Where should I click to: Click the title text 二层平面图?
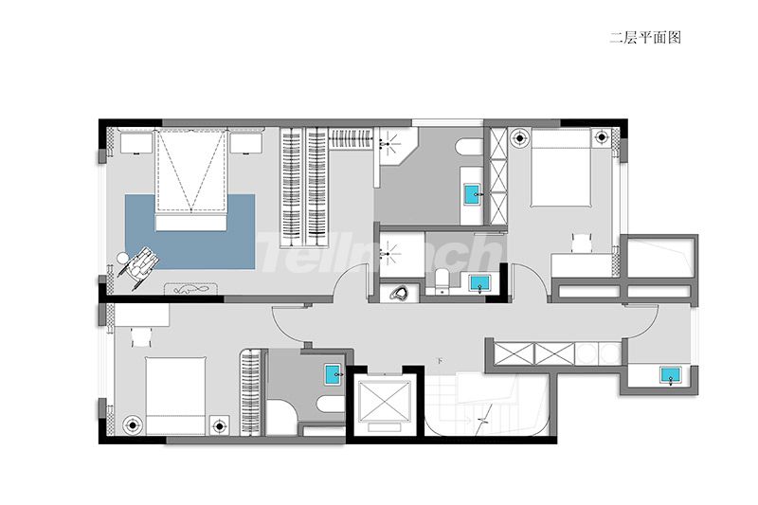click(645, 38)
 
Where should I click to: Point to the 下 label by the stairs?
click(440, 361)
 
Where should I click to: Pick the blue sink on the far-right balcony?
click(671, 375)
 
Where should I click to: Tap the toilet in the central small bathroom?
click(442, 282)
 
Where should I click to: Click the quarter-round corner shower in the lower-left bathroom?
click(280, 418)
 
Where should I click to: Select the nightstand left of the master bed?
click(136, 143)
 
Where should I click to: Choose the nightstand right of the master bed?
click(246, 143)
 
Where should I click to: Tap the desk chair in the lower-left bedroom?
click(141, 337)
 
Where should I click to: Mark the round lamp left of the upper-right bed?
click(519, 137)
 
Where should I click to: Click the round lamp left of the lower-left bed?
click(132, 425)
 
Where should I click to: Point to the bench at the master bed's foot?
click(191, 223)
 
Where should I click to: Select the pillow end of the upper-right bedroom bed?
click(561, 137)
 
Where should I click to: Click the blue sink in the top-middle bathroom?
click(472, 194)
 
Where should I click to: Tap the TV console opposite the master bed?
click(191, 289)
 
